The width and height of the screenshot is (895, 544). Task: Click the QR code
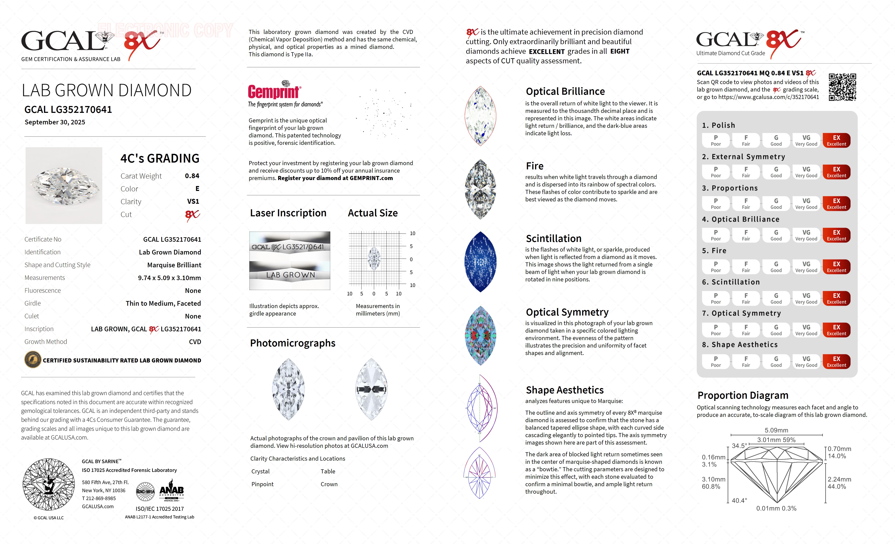842,87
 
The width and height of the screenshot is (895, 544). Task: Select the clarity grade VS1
193,201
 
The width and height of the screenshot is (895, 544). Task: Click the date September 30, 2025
55,122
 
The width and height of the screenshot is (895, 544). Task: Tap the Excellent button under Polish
836,140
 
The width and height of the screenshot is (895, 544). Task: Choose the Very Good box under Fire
806,266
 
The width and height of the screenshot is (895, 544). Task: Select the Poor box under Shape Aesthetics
716,361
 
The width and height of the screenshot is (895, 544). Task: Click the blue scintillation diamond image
480,262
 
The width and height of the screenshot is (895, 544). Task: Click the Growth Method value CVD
195,342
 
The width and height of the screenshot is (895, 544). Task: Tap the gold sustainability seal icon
33,360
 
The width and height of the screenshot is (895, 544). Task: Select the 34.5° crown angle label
739,446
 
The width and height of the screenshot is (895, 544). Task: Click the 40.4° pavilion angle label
739,500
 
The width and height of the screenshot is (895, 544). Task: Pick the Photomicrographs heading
292,343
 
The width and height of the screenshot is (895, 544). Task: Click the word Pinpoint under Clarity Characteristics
262,484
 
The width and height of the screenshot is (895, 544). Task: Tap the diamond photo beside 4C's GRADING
64,185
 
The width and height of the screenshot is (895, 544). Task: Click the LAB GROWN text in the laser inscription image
290,275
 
